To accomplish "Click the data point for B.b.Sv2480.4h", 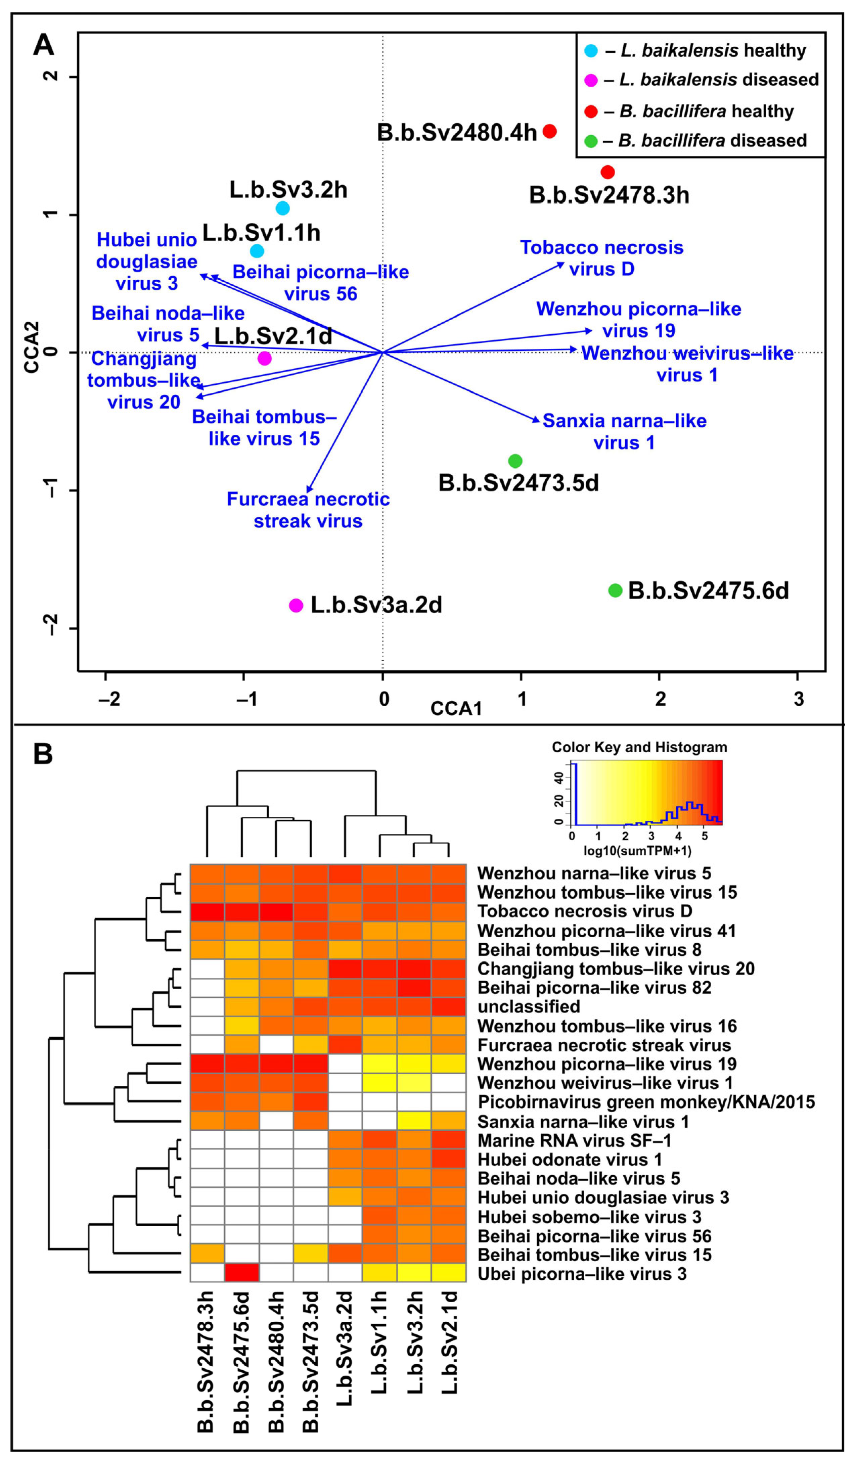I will pos(549,131).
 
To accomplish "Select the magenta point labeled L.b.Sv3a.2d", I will pos(296,606).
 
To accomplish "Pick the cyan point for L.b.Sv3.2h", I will pos(283,208).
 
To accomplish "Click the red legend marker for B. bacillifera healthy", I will pos(591,111).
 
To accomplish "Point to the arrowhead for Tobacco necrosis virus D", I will pos(561,264).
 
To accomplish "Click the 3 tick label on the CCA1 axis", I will pos(799,698).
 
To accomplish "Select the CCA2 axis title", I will pos(32,346).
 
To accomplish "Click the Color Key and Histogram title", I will pos(639,747).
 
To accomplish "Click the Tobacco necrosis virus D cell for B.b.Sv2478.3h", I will pos(207,911).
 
